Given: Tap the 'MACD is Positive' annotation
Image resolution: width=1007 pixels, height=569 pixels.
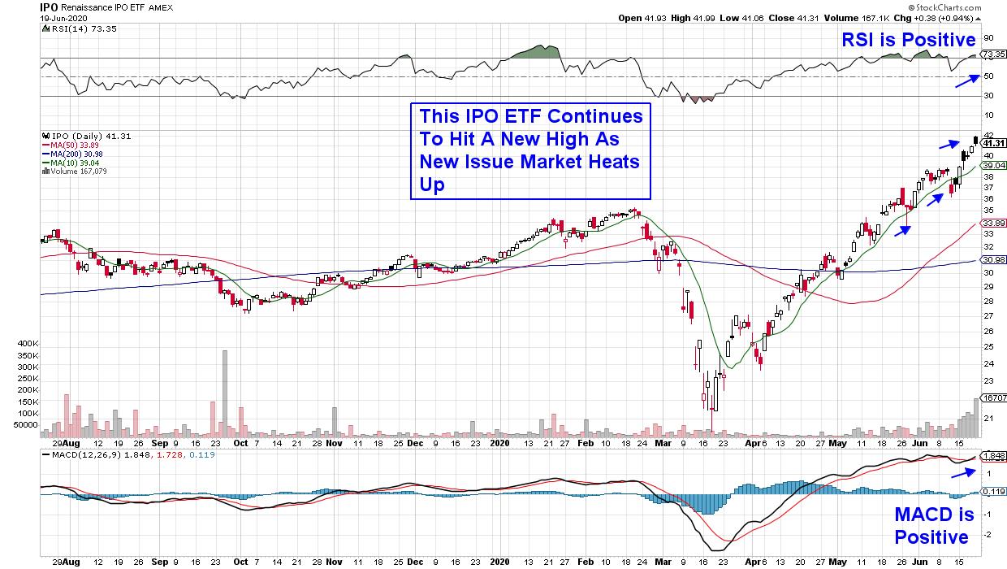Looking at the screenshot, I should coord(931,526).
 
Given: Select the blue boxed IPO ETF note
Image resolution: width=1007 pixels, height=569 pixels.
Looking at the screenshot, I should coord(531,150).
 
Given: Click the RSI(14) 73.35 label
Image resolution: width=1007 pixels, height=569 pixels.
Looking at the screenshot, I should coord(69,28).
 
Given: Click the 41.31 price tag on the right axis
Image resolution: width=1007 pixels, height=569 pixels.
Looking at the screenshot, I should coord(994,143).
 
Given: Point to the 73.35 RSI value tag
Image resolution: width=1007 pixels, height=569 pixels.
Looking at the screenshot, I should coord(994,54).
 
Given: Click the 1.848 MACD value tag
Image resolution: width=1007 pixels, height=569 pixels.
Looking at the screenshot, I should coord(994,456).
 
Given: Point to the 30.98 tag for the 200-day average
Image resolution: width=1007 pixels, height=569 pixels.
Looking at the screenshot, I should coord(994,260).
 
